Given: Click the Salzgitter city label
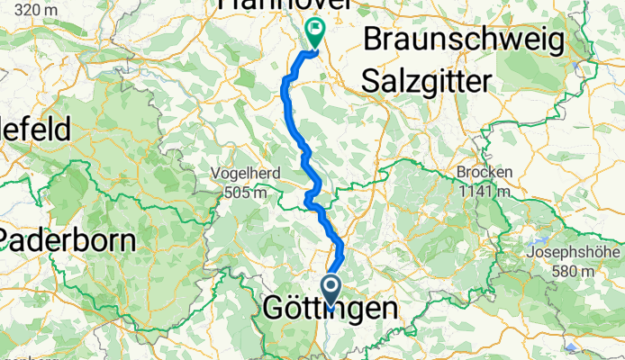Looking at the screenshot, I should (x=427, y=81).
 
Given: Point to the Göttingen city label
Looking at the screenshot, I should (x=330, y=310).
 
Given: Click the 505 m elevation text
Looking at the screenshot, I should (x=245, y=191).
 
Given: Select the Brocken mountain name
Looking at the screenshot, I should (x=484, y=173).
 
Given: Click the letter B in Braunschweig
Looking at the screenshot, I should (x=373, y=41).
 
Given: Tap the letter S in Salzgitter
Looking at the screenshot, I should (x=370, y=81).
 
